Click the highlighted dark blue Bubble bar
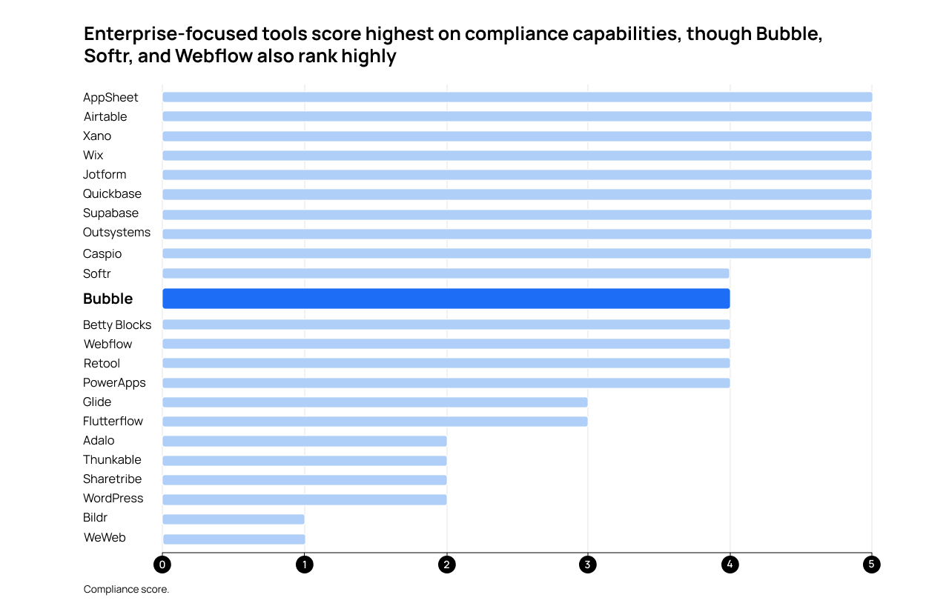(x=446, y=299)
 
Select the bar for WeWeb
(x=234, y=539)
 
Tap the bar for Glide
(x=374, y=402)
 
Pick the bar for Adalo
(x=304, y=441)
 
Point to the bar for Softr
(x=446, y=273)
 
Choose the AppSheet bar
(x=517, y=97)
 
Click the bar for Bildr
(x=234, y=519)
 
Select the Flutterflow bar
(x=374, y=422)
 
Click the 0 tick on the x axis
(x=162, y=565)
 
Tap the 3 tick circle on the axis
(x=588, y=565)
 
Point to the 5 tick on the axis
(x=871, y=565)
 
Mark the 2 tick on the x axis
(x=446, y=565)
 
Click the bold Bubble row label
(x=108, y=299)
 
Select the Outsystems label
(x=116, y=233)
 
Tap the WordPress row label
(x=113, y=499)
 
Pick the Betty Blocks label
(x=117, y=325)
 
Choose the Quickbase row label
(x=112, y=194)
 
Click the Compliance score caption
(x=126, y=590)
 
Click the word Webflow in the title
(x=214, y=56)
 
